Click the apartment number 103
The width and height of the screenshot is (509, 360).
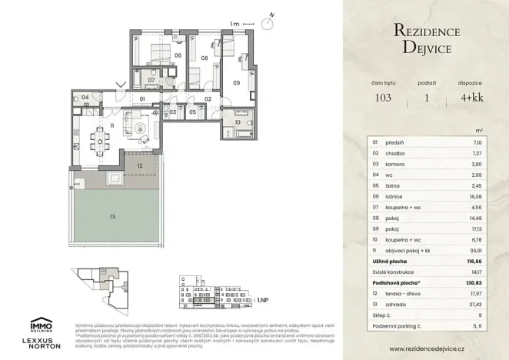(x=383, y=98)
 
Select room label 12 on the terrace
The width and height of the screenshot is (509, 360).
(x=140, y=165)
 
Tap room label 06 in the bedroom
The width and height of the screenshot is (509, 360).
(x=177, y=55)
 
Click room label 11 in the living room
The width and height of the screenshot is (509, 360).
(x=111, y=125)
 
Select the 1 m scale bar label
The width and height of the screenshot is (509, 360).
(x=234, y=25)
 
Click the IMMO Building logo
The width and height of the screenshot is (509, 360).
(x=41, y=325)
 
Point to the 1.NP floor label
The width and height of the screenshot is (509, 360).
(x=262, y=299)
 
